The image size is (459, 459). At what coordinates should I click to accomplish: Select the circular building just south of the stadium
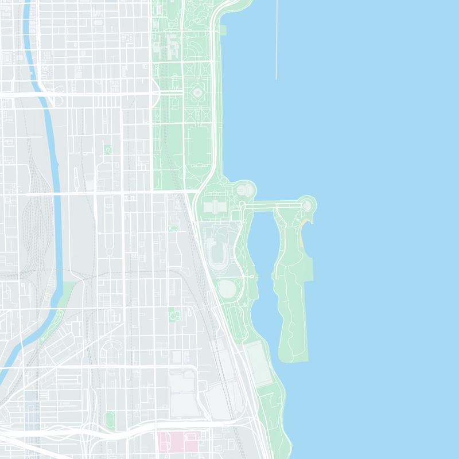point(227,288)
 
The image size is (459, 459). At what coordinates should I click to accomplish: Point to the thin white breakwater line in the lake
point(276,40)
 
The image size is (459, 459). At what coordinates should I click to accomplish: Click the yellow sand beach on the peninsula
point(302,229)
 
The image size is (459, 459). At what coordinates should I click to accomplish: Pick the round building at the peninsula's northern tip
point(307,204)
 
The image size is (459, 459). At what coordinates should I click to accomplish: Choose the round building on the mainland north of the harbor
point(246,189)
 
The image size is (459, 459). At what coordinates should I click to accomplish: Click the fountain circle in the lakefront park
point(198,92)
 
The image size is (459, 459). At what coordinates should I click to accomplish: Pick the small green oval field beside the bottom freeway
point(110,419)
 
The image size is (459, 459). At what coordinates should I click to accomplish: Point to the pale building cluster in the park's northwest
point(170,46)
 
